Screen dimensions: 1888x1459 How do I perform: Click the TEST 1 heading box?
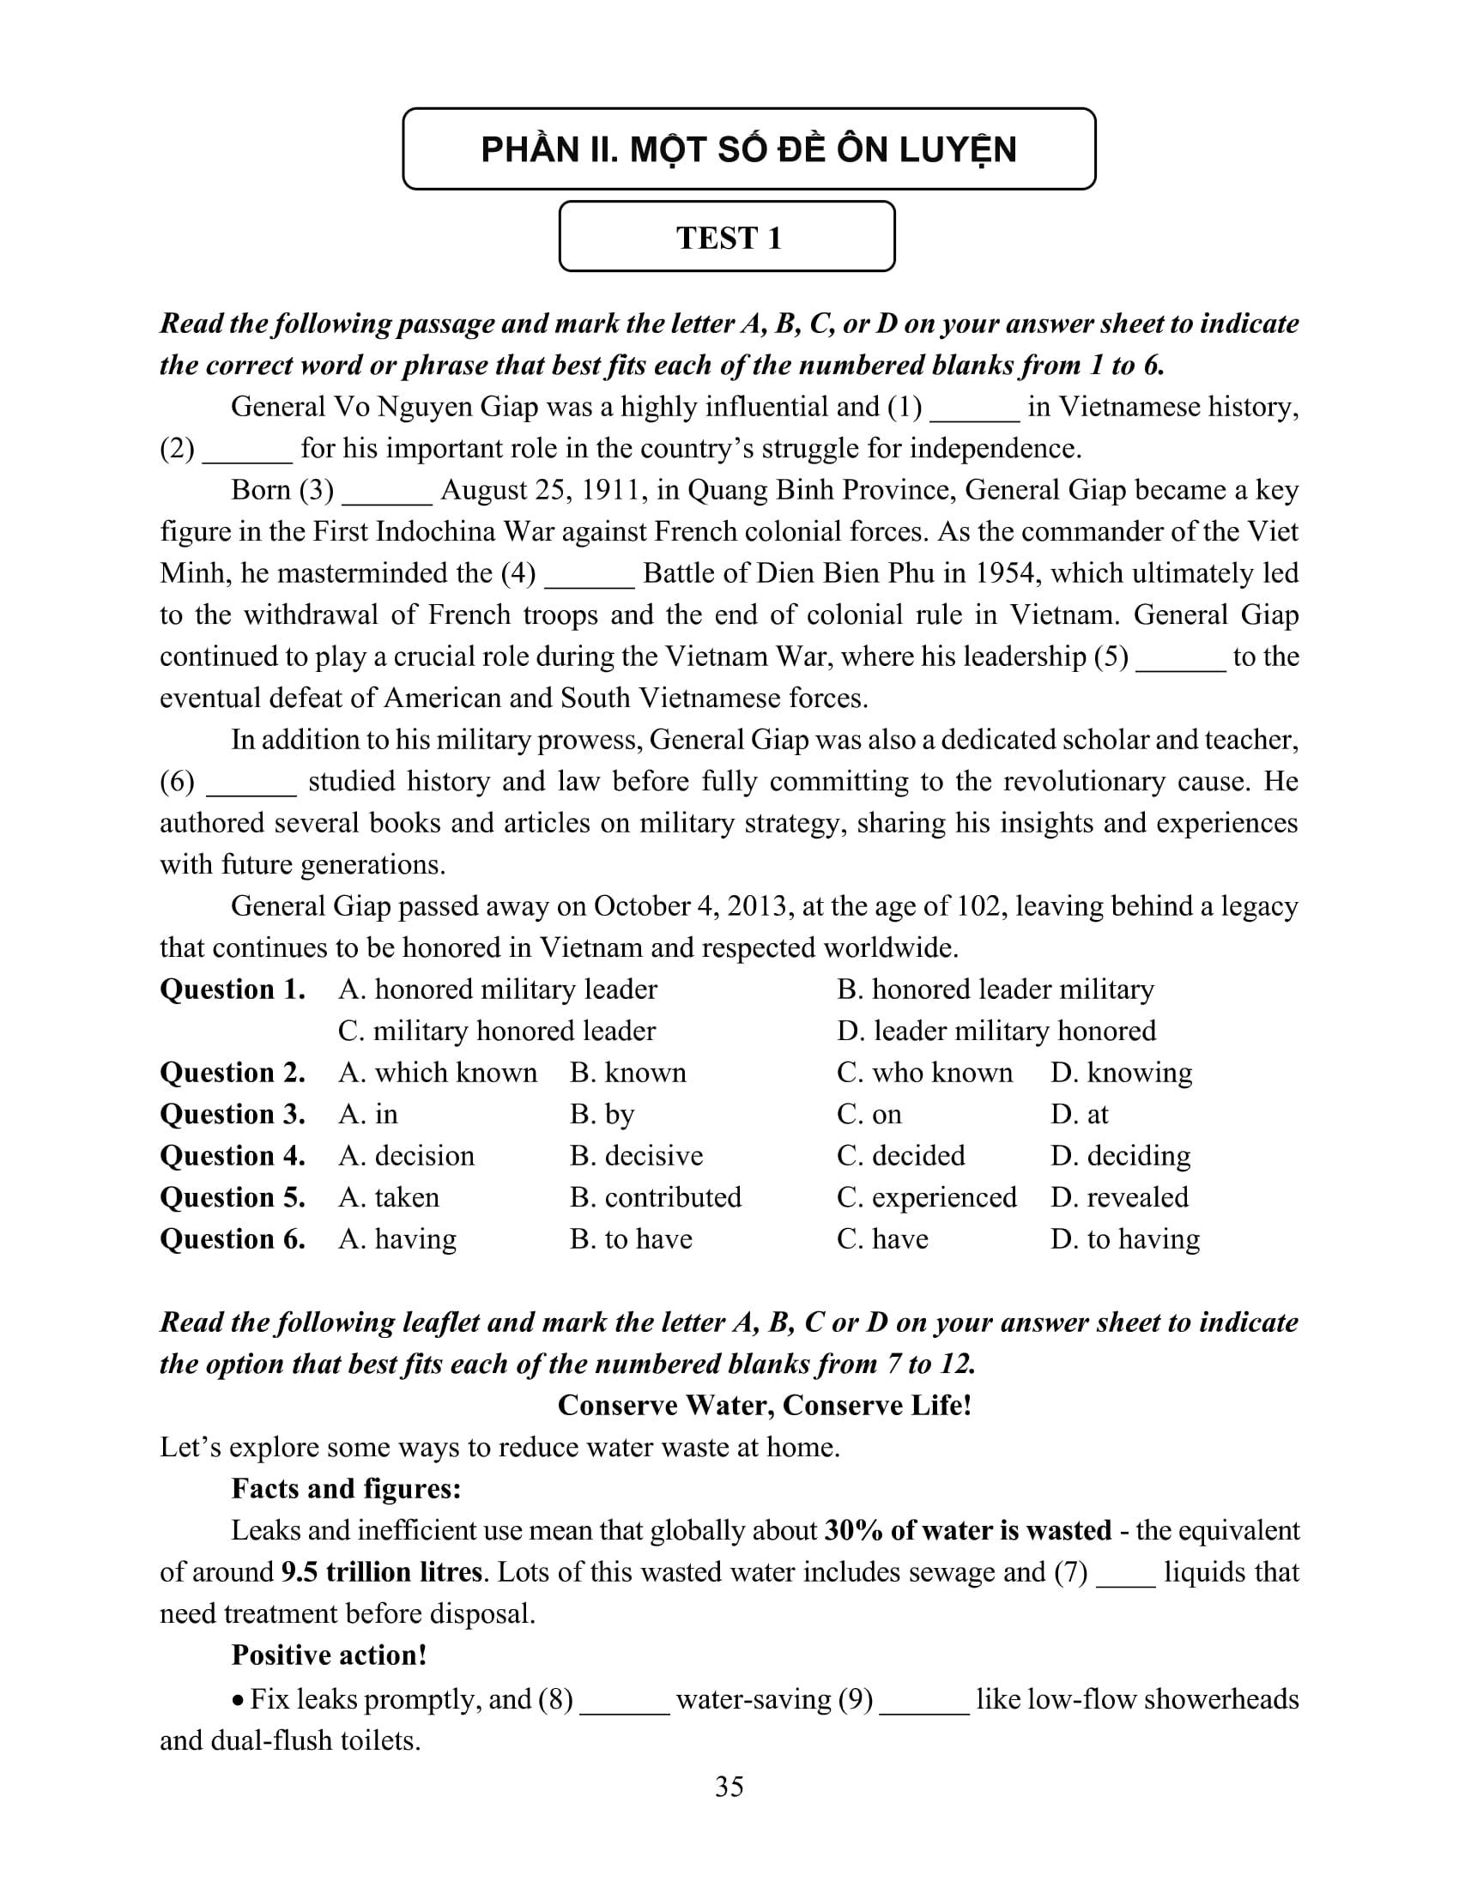point(727,237)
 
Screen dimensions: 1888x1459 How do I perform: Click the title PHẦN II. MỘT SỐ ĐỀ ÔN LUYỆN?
point(748,149)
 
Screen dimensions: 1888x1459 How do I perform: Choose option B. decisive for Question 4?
point(636,1156)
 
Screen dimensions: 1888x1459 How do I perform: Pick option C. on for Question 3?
point(869,1114)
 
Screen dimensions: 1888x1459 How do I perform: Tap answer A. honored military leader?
point(498,989)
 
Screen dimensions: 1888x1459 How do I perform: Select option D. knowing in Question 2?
point(1121,1073)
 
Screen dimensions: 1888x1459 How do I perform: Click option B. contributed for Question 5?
point(655,1197)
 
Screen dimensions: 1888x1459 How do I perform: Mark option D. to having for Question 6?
point(1125,1238)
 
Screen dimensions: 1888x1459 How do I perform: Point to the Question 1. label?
point(233,989)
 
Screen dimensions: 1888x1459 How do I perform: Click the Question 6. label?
point(233,1238)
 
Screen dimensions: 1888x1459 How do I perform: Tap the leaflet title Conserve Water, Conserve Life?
point(764,1406)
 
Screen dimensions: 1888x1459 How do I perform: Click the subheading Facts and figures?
point(346,1489)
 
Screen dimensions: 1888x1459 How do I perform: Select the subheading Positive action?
point(329,1655)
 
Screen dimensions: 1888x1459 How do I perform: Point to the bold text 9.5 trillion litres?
point(381,1571)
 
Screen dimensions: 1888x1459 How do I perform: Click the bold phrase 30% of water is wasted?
point(968,1530)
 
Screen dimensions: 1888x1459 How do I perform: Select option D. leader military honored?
point(996,1032)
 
